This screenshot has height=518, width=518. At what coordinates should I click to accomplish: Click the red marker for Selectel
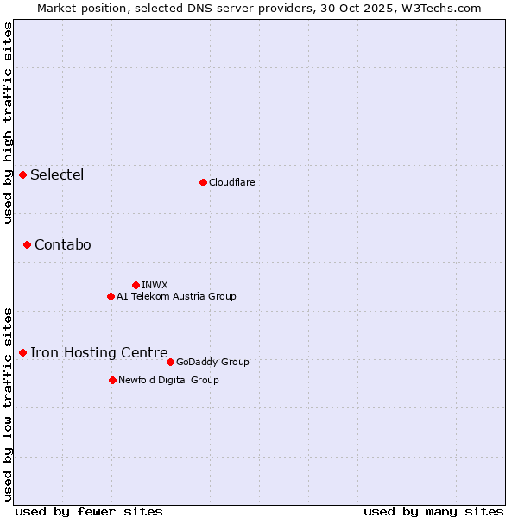coord(22,175)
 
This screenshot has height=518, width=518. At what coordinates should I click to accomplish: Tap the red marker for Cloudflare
coord(203,182)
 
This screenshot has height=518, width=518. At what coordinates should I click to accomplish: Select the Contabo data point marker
coord(27,245)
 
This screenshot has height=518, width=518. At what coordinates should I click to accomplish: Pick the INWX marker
coord(136,285)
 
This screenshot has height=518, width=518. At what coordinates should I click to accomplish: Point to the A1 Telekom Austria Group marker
coord(111,296)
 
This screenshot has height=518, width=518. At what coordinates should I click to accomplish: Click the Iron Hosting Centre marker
coord(22,352)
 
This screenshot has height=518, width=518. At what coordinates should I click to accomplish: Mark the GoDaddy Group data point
coord(170,362)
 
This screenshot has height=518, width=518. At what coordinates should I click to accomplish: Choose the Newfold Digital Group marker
coord(112,380)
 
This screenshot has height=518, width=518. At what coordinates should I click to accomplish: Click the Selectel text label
coord(57,175)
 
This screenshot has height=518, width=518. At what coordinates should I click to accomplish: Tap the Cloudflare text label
coord(232,182)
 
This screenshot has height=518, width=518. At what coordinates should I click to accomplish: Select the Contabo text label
coord(63,245)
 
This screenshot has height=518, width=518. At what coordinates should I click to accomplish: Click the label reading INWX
coord(155,285)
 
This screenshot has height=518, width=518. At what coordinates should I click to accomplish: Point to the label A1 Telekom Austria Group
coord(176,296)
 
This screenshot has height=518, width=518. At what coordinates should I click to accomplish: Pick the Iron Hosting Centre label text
coord(99,352)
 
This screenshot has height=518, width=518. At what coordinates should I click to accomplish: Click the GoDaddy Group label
coord(212,362)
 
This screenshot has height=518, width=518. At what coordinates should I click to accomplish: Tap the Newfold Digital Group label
coord(168,380)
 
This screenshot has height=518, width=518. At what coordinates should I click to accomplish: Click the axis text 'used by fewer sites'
coord(89,511)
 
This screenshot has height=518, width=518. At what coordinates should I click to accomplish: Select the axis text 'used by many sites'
coord(433,511)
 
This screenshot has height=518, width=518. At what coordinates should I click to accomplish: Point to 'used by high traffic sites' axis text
coord(9,123)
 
